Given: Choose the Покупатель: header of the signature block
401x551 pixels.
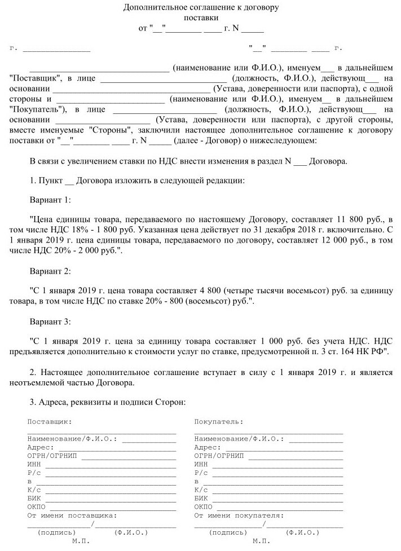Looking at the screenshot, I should tap(219, 421).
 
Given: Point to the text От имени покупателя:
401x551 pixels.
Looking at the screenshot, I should tap(239, 515).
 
